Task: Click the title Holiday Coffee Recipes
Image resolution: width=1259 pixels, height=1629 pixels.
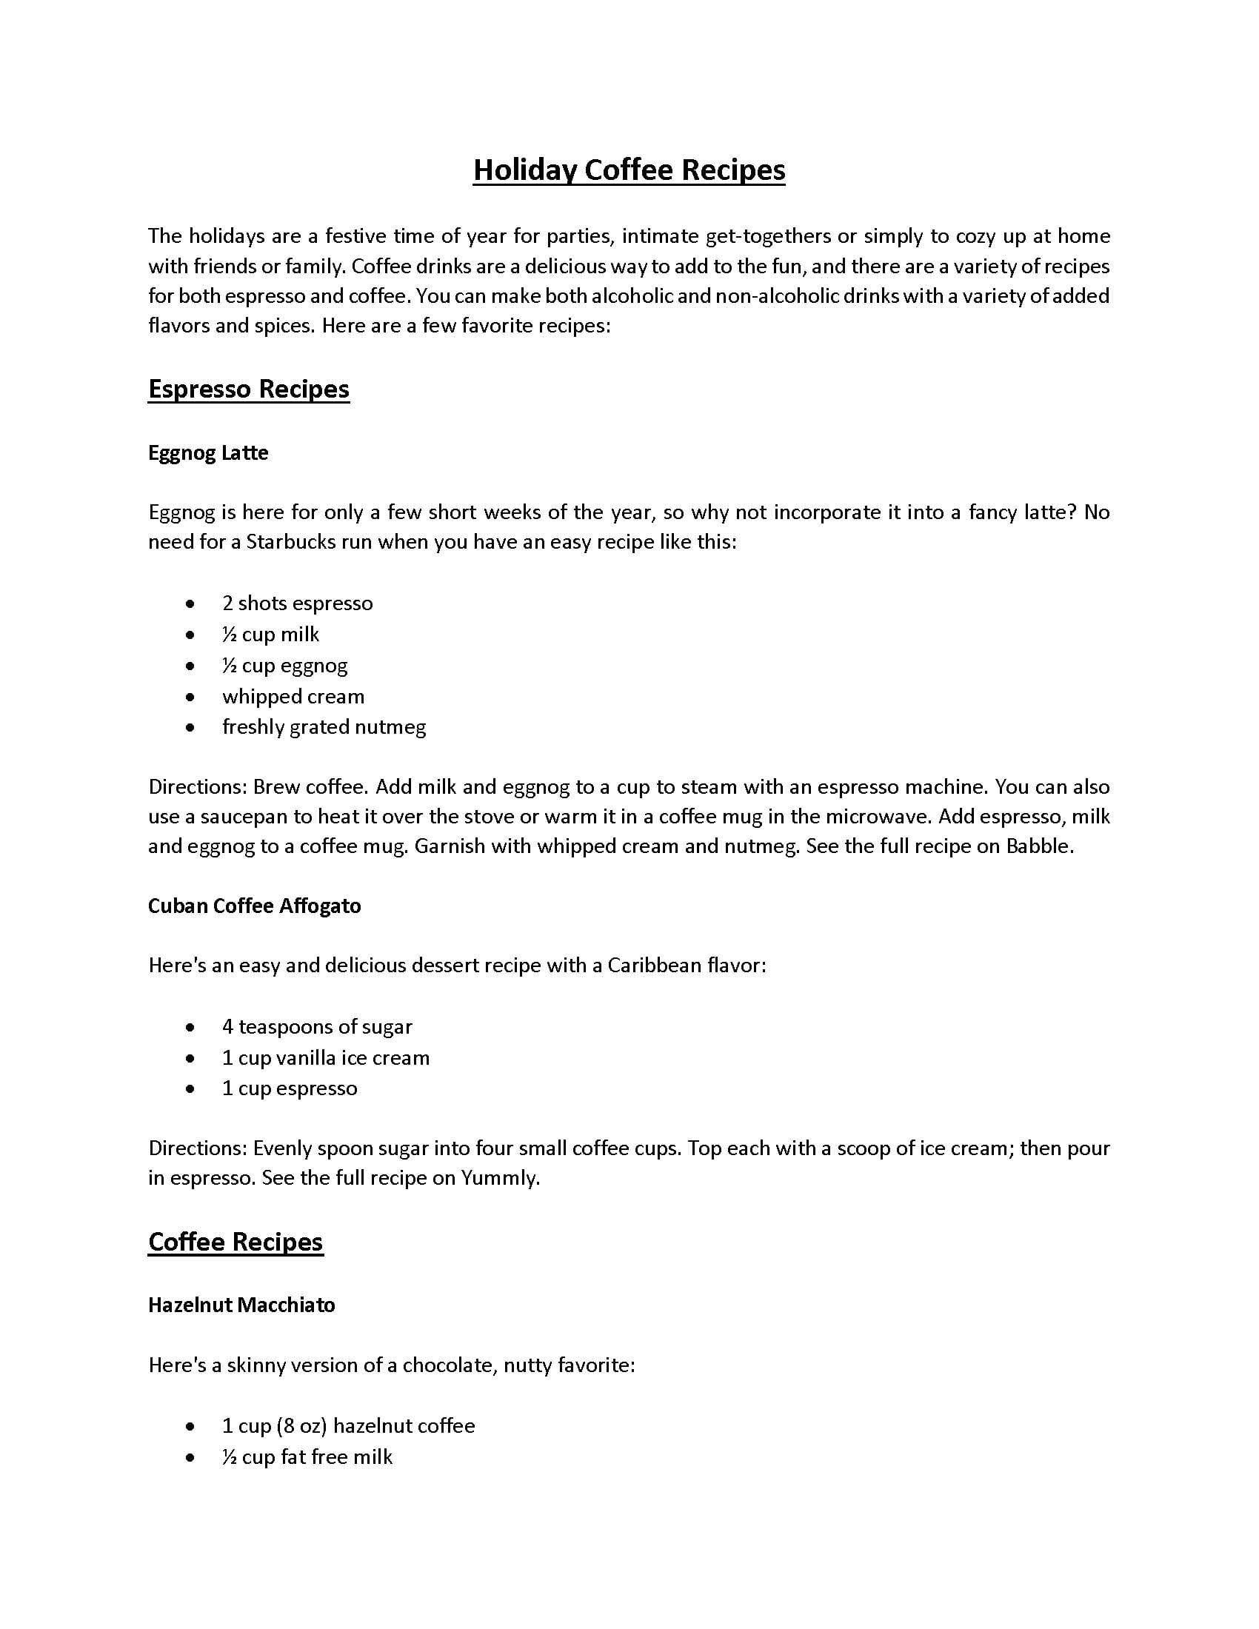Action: click(x=629, y=170)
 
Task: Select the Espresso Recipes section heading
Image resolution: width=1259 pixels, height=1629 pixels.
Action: click(x=248, y=389)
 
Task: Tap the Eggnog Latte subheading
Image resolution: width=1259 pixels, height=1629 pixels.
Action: click(x=208, y=452)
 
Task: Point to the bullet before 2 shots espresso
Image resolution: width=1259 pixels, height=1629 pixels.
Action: click(x=191, y=603)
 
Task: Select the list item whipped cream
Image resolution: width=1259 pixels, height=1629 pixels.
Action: click(x=293, y=696)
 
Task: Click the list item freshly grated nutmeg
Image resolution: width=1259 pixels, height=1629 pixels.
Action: click(x=324, y=726)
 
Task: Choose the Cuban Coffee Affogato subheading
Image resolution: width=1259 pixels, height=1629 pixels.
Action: click(x=254, y=906)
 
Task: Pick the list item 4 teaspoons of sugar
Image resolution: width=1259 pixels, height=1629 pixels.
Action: click(x=317, y=1026)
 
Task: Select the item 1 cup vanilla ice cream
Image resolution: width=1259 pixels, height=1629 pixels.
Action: click(x=325, y=1057)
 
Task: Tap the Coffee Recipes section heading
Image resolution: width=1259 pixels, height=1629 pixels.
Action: click(x=236, y=1241)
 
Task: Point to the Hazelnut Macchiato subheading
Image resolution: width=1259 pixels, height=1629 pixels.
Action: click(x=241, y=1305)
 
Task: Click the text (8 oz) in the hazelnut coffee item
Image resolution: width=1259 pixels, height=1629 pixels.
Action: click(x=301, y=1425)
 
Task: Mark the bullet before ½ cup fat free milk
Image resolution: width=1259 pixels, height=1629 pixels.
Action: click(x=191, y=1456)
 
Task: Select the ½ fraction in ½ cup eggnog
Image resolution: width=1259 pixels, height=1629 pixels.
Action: click(x=230, y=665)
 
